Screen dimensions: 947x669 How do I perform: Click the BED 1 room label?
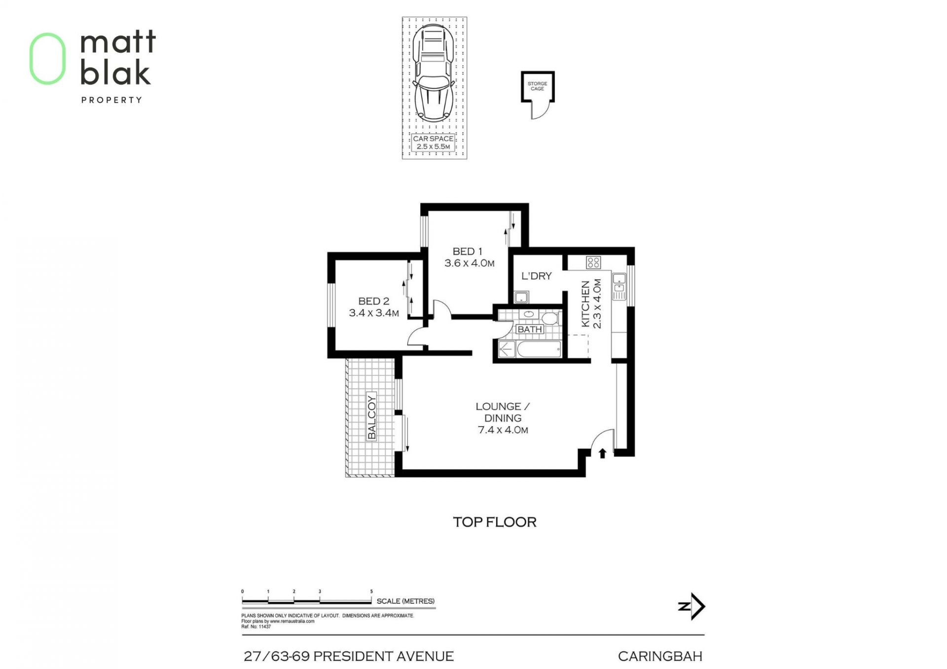(x=468, y=252)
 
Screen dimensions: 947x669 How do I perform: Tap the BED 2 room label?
(x=373, y=301)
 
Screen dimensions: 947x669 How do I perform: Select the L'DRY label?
(x=536, y=276)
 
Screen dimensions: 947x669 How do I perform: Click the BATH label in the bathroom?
(x=530, y=329)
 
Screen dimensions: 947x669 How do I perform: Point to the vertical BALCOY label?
(x=372, y=417)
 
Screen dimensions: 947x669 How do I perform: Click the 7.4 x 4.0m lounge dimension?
(x=503, y=430)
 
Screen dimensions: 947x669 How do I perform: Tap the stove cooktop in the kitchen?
(x=593, y=262)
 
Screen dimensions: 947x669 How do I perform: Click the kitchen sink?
(x=619, y=286)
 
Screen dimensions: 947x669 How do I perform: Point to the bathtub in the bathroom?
(x=539, y=349)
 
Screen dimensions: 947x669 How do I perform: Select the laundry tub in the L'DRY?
(x=521, y=297)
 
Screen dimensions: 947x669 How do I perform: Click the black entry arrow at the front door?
(x=602, y=453)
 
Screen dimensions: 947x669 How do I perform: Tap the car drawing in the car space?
(x=434, y=73)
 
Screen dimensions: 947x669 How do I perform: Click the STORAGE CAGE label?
(x=537, y=86)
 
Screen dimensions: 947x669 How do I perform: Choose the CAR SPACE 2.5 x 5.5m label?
(x=433, y=143)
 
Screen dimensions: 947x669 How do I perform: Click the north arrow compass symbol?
(x=692, y=606)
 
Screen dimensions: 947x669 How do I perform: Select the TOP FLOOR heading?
(x=495, y=522)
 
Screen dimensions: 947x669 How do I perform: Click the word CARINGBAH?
(x=660, y=656)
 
